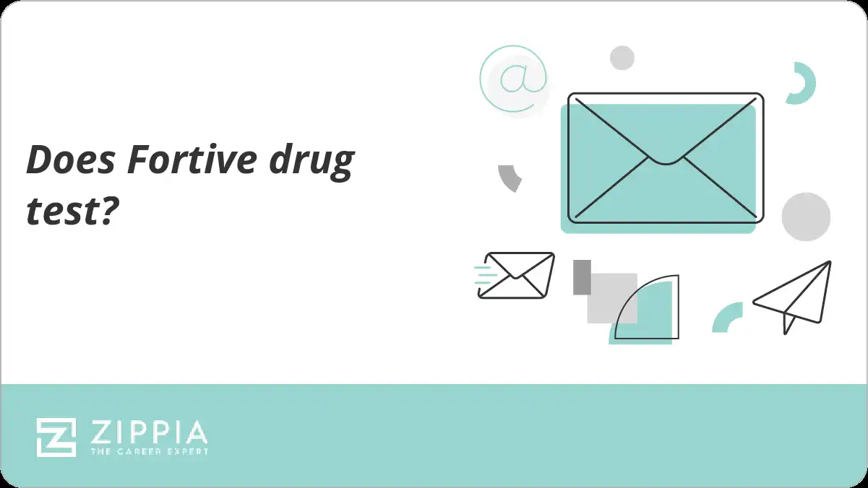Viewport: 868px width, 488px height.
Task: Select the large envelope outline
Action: [x=665, y=158]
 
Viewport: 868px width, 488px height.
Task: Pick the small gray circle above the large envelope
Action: [x=622, y=58]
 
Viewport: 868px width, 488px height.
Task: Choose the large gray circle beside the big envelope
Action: [x=806, y=217]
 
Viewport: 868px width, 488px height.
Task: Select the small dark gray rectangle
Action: [x=582, y=277]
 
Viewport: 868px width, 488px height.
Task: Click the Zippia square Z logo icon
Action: [x=56, y=437]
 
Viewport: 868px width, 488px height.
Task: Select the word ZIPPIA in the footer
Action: [x=148, y=432]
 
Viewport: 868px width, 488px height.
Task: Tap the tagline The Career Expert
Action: [x=148, y=451]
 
